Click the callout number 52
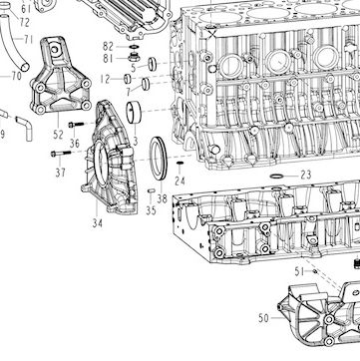click(58, 135)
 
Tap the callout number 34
click(97, 223)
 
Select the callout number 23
click(306, 175)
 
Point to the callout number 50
click(263, 318)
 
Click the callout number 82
click(109, 47)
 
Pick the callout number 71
click(28, 40)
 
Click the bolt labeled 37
click(61, 154)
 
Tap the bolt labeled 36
click(76, 125)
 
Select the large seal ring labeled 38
click(158, 159)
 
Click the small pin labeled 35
click(152, 190)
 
